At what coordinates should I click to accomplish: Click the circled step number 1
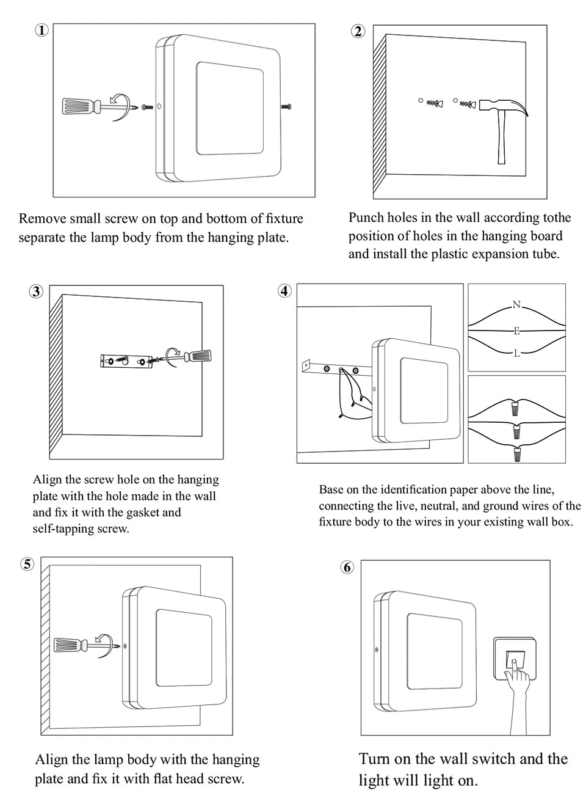click(x=42, y=30)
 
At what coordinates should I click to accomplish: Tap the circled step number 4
click(x=284, y=291)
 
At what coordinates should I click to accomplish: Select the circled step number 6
click(x=347, y=568)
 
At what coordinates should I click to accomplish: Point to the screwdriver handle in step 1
click(x=80, y=107)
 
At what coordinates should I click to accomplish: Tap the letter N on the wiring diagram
click(x=516, y=305)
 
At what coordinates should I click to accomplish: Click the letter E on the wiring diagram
click(x=516, y=331)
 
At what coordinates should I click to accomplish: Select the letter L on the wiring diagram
click(x=516, y=353)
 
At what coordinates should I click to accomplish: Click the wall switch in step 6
click(x=515, y=659)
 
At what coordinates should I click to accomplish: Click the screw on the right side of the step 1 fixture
click(x=286, y=107)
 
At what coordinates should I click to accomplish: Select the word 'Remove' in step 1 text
click(x=42, y=219)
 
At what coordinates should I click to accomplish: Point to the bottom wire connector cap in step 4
click(x=517, y=455)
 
